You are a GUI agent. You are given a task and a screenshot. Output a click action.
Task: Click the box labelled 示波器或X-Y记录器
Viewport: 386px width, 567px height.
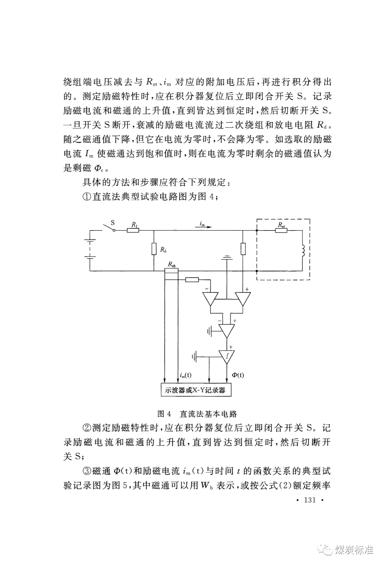tap(196, 390)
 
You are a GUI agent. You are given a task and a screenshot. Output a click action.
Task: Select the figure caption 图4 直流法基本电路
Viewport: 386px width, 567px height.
tap(197, 414)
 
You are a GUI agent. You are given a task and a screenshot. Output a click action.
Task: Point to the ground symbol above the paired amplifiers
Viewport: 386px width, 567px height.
tap(227, 257)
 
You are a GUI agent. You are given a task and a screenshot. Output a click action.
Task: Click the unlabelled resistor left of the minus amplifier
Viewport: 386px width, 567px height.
tap(192, 280)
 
